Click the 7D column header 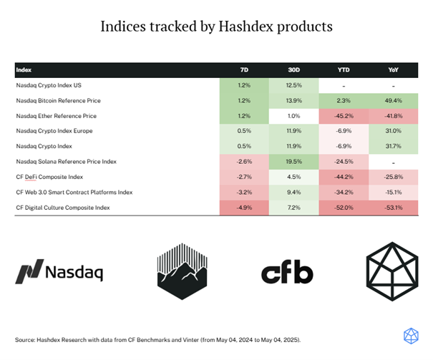244,70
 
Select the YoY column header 393,70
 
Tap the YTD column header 344,70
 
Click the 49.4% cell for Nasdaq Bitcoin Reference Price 393,101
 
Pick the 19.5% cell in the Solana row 294,162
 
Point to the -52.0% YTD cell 344,208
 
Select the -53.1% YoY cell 393,208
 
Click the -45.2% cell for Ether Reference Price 344,116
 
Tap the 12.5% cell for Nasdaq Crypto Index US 294,85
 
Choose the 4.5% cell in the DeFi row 294,177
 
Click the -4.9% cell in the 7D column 244,208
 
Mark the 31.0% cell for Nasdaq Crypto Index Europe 393,131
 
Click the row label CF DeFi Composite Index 49,177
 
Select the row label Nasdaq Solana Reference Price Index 67,162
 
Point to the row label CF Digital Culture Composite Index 63,208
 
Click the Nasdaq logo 59,271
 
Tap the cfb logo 287,272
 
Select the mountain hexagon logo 183,271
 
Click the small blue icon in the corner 411,336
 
